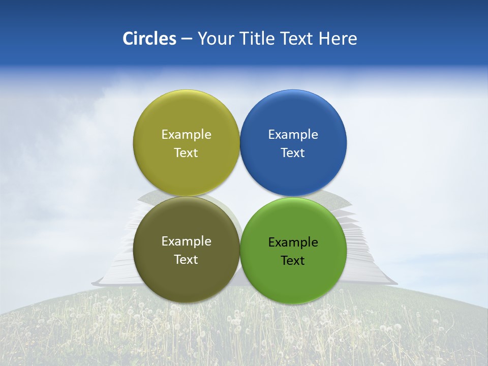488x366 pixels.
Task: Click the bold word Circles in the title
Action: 149,39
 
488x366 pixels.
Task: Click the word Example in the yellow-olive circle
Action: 186,134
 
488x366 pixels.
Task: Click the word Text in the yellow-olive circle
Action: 186,152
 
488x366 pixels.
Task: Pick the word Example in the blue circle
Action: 293,134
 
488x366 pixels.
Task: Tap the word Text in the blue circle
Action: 293,152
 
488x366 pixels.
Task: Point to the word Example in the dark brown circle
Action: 186,241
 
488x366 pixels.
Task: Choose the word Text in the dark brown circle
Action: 186,259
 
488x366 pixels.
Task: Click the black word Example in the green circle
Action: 293,242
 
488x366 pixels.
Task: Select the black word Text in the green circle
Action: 293,260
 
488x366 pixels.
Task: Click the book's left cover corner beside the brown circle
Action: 102,281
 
